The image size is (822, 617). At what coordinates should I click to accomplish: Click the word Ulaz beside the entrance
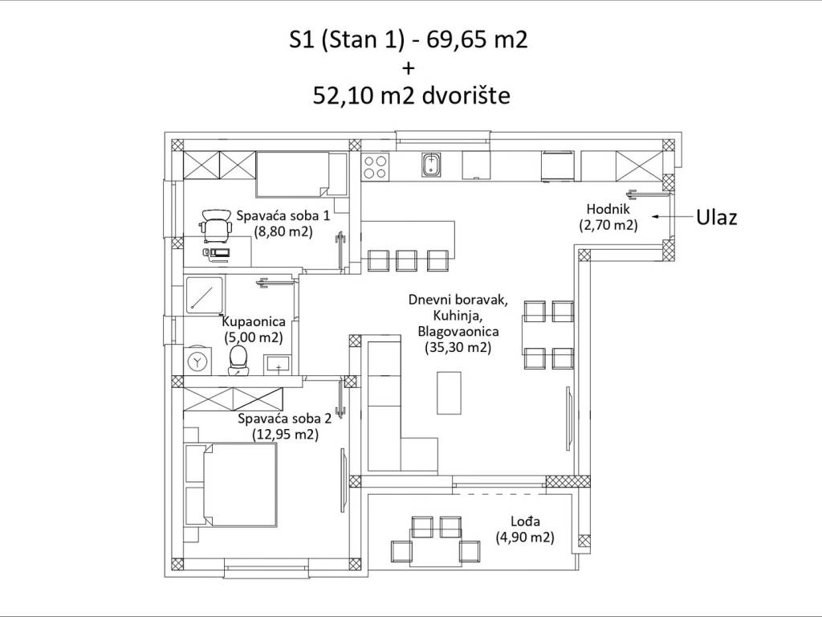(x=717, y=217)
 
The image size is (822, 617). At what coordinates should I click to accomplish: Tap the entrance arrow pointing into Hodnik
(x=670, y=216)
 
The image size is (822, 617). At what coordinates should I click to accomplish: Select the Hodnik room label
(x=608, y=209)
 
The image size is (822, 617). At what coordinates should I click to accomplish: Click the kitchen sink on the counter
(x=431, y=165)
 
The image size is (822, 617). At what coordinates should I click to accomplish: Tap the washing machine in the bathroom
(x=197, y=361)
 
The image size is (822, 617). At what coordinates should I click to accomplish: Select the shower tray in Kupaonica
(x=203, y=296)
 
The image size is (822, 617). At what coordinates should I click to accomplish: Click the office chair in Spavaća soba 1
(x=215, y=225)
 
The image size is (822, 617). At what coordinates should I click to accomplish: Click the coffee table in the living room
(x=450, y=393)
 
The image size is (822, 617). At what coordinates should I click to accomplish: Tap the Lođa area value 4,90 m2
(x=525, y=537)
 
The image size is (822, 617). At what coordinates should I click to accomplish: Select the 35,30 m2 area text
(x=458, y=347)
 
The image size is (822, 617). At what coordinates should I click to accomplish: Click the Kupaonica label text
(x=254, y=321)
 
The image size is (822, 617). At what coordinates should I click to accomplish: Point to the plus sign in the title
(x=408, y=68)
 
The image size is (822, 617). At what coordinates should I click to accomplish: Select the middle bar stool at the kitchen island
(x=406, y=260)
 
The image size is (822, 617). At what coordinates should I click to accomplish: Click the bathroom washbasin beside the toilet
(x=279, y=365)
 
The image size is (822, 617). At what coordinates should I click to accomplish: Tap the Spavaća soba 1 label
(x=283, y=215)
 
